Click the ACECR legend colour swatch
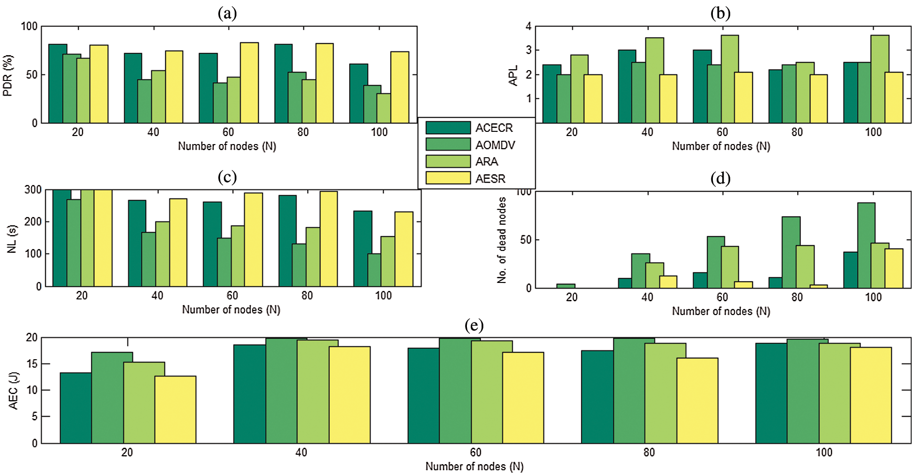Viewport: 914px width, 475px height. tap(448, 128)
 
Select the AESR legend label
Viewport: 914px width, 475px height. tap(490, 178)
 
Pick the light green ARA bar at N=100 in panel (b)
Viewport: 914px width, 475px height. tap(880, 79)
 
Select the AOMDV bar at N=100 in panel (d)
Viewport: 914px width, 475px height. tap(866, 245)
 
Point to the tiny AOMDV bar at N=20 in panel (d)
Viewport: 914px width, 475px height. tap(565, 286)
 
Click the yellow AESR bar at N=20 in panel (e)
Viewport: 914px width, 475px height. tap(175, 410)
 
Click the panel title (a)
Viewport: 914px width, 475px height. tap(227, 13)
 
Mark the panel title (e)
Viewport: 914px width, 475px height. tap(473, 325)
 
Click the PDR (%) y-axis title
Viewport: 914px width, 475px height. tap(8, 75)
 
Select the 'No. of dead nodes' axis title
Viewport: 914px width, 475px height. tap(502, 240)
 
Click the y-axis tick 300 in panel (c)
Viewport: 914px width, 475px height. tap(33, 190)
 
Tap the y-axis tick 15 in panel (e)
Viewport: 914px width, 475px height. tap(32, 364)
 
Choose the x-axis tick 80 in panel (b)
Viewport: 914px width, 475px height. tap(797, 132)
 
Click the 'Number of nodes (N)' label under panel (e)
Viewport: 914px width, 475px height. tap(474, 466)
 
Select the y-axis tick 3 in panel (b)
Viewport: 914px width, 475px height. tap(529, 50)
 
